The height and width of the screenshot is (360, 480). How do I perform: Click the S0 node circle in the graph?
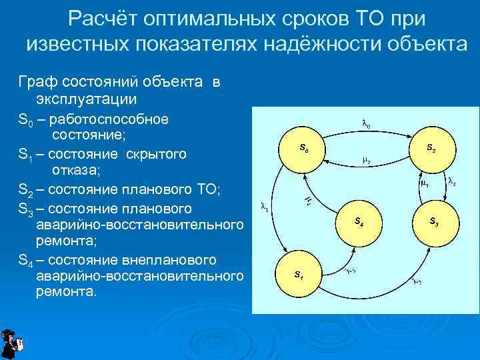click(x=303, y=148)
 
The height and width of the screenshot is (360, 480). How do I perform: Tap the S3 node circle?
click(x=433, y=221)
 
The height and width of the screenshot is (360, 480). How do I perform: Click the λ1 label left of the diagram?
click(x=264, y=209)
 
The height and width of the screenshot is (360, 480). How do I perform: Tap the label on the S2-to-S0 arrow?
click(x=367, y=161)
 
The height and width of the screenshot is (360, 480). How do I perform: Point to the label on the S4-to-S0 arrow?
click(x=308, y=199)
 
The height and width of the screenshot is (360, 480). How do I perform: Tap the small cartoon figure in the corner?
click(x=11, y=343)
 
